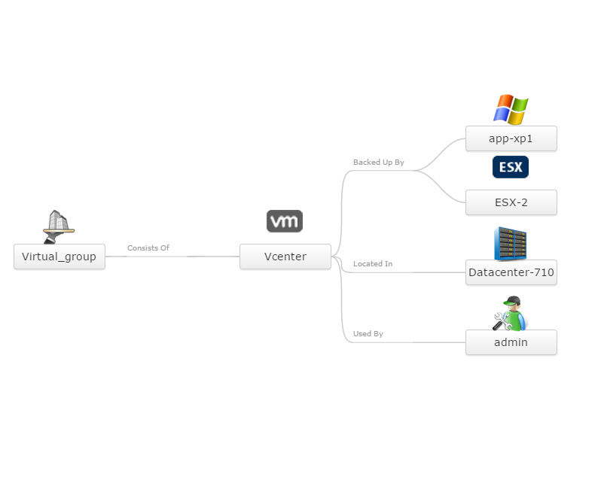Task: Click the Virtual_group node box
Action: [59, 257]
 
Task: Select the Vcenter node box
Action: [285, 257]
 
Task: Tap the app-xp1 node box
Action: [511, 138]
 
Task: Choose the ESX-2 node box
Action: [511, 202]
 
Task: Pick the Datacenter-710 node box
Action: [511, 272]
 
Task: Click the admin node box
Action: [511, 342]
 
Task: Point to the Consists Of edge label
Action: [148, 248]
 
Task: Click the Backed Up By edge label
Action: [378, 162]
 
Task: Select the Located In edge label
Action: [372, 264]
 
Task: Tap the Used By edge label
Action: [368, 333]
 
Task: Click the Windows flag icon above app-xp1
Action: [511, 109]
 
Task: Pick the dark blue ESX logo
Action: [511, 167]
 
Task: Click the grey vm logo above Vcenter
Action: [285, 221]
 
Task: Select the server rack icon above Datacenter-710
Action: [511, 243]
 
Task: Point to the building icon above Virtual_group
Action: [59, 226]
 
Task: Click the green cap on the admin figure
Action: [513, 302]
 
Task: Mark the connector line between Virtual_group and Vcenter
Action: [181, 257]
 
